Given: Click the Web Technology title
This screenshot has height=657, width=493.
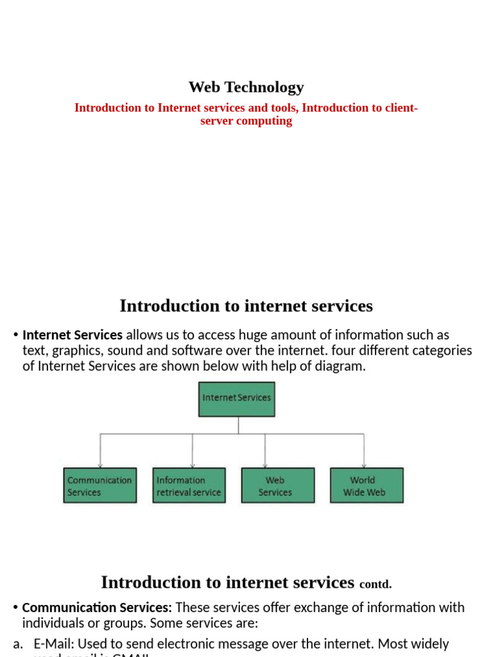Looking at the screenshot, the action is [246, 87].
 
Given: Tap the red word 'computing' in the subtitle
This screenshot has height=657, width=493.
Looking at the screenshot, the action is [264, 121].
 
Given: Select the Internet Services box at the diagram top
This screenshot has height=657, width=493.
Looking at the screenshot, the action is [237, 398].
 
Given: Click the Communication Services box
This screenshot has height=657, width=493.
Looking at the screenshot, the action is [99, 486].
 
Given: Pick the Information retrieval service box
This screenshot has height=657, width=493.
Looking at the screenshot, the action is [189, 486].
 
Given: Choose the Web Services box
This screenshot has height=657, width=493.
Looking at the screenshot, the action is [277, 486].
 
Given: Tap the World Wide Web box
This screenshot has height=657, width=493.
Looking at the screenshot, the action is [367, 486].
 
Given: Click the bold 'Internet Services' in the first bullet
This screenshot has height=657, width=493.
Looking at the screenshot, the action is [73, 335].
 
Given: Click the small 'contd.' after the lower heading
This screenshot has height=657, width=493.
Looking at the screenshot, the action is [376, 584].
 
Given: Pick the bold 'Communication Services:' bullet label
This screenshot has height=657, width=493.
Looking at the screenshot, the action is [97, 608].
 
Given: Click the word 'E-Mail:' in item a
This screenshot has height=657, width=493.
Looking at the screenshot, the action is [53, 644].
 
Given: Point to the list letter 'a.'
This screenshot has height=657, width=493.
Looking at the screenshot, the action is [18, 644].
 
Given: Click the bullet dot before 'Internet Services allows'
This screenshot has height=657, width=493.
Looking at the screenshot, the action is [15, 335].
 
